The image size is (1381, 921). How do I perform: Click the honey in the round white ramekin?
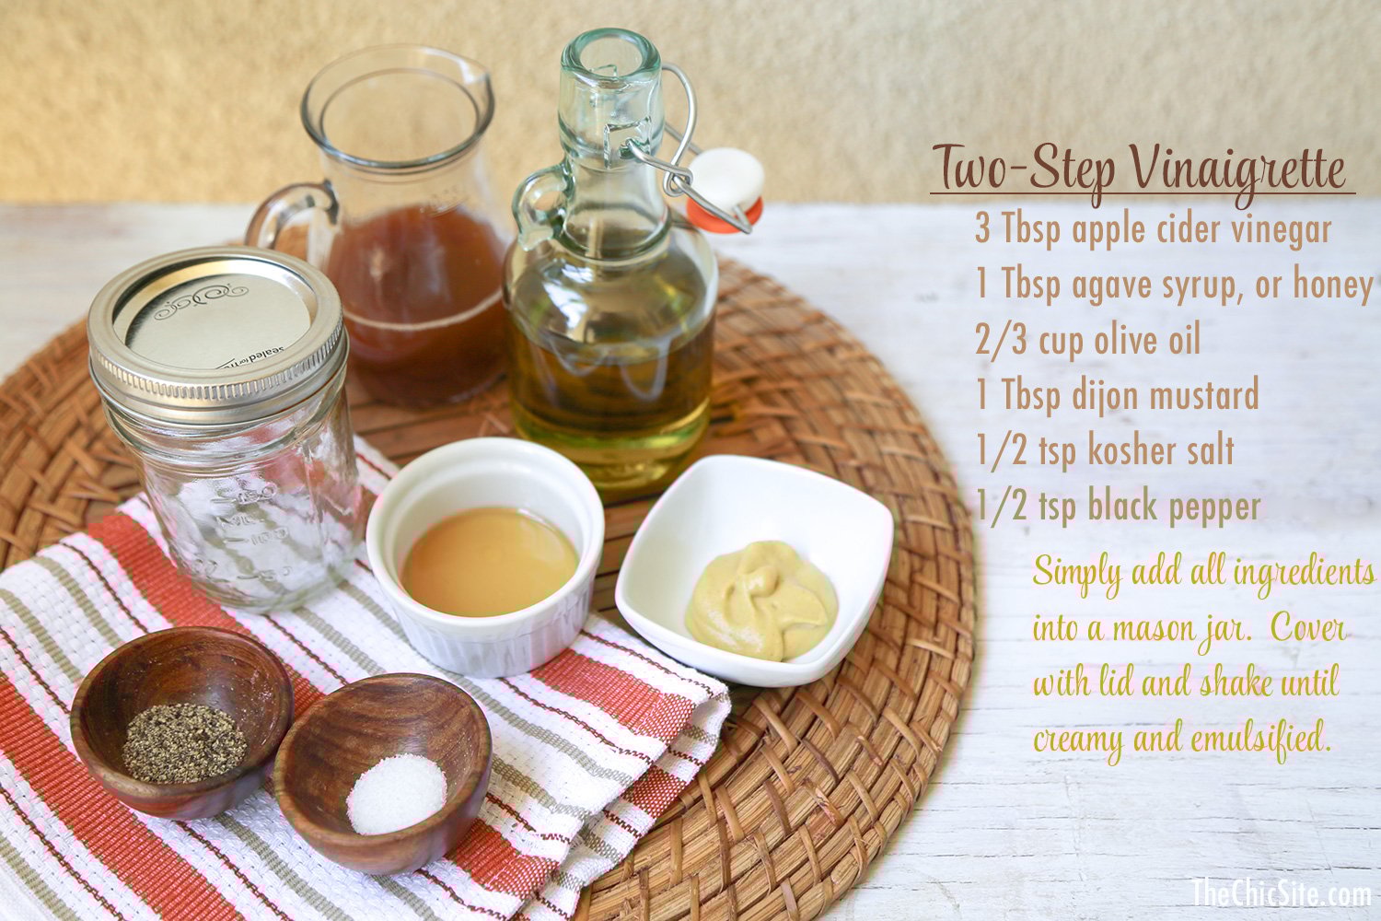point(490,560)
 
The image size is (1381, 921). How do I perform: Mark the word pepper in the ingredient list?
point(1212,507)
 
